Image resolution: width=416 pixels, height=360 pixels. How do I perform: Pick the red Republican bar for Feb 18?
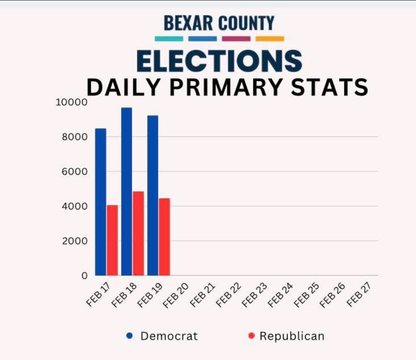coord(138,233)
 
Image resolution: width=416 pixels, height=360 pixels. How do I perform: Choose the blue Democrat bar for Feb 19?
coord(153,195)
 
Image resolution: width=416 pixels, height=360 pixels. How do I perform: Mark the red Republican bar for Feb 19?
coord(164,237)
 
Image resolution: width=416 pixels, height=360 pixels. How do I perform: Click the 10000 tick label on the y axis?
coord(72,102)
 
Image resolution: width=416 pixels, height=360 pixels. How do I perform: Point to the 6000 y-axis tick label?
coord(75,172)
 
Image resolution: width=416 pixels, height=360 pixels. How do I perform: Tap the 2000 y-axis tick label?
coord(75,241)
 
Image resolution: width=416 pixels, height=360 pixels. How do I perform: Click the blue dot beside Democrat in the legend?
coord(130,336)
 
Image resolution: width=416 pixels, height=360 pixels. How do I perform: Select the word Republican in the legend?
coord(292,336)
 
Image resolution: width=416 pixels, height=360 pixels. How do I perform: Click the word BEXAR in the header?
coord(189,23)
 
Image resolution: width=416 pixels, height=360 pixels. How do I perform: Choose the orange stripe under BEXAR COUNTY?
coord(270,39)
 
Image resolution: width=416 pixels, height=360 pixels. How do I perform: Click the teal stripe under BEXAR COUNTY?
coord(169,39)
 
